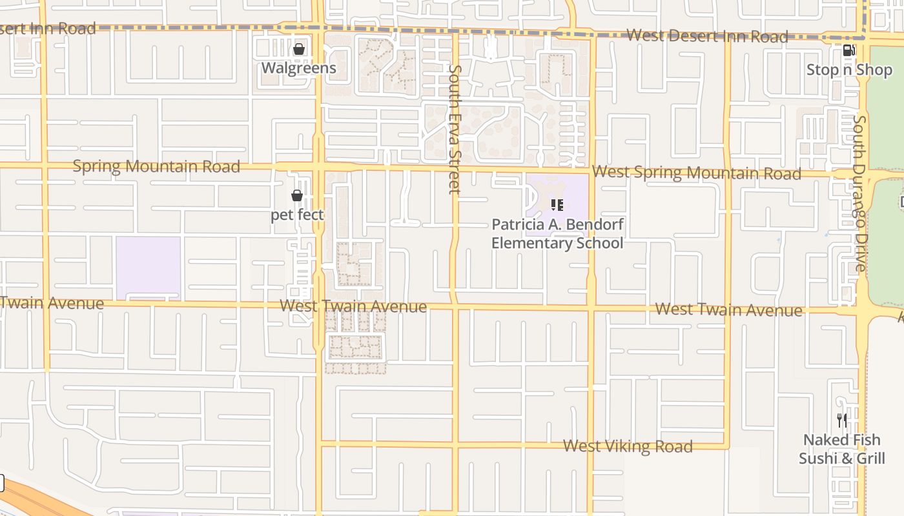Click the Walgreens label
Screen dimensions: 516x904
pos(298,68)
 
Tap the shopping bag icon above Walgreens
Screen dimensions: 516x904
pos(299,49)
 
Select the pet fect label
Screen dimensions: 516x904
pos(297,214)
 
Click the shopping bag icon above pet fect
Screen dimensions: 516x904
pos(297,195)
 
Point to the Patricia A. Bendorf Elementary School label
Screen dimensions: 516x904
pos(557,233)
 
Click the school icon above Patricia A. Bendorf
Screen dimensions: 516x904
pos(557,205)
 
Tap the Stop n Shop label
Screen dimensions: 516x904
pos(848,69)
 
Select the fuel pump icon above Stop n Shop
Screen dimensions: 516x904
pos(848,50)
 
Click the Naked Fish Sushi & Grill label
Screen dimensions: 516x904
pos(842,449)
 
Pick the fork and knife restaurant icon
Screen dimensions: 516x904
pos(842,421)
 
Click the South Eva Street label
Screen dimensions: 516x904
pos(455,129)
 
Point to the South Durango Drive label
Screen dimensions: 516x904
pos(860,193)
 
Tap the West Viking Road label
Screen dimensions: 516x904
pos(628,446)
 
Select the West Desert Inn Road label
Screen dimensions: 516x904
pos(707,36)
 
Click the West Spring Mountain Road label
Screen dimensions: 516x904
pos(697,173)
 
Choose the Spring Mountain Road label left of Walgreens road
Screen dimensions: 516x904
pos(156,166)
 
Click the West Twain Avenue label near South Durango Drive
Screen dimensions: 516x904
pos(728,310)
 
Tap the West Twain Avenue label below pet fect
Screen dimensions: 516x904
pos(353,306)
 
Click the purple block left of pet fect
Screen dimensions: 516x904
pos(148,268)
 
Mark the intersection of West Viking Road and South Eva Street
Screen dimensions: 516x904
pos(455,444)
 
